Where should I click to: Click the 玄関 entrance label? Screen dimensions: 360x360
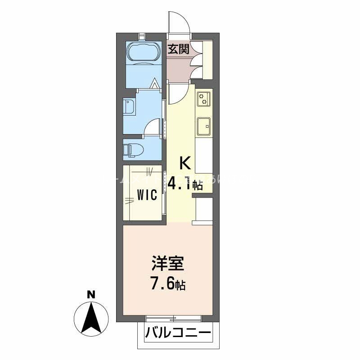click(178, 49)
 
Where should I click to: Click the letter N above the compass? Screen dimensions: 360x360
click(91, 295)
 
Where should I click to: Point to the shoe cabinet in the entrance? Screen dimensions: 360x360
click(208, 59)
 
